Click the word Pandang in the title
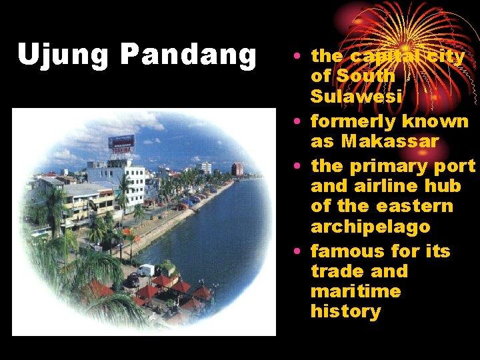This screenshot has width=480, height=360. coord(189,56)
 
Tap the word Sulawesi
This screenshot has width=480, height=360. coord(356,97)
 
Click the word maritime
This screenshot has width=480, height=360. coord(356,291)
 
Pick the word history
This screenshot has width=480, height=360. coord(345,311)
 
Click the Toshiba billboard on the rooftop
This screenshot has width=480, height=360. coord(121,143)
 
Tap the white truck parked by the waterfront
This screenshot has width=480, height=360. coord(146,270)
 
